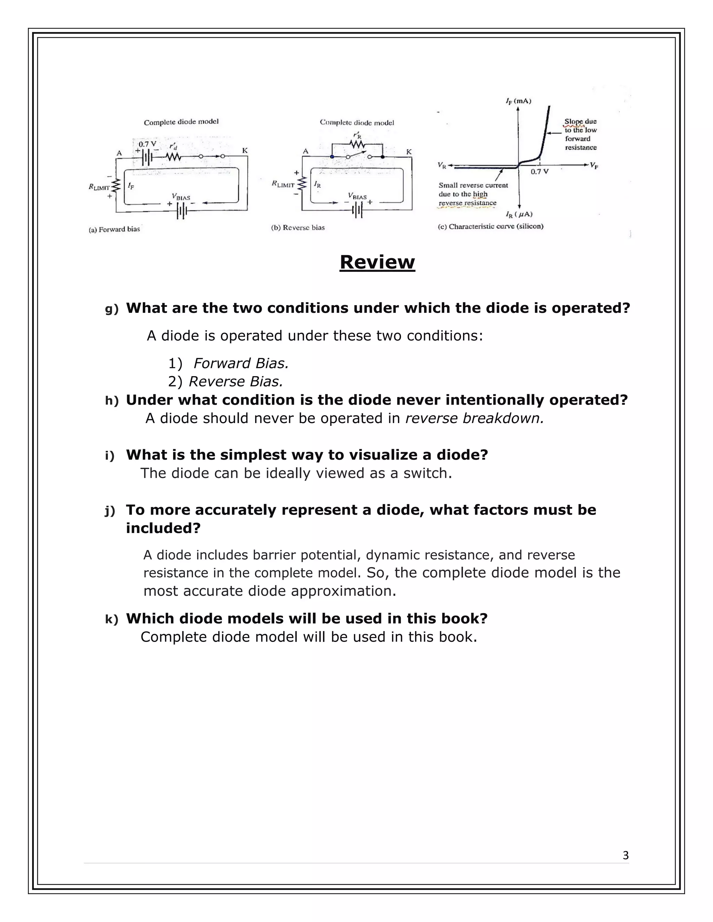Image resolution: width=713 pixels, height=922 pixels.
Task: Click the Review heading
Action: click(377, 262)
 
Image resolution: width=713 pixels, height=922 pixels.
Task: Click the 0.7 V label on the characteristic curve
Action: click(539, 172)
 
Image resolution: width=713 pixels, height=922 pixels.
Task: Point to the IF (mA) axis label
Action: click(518, 101)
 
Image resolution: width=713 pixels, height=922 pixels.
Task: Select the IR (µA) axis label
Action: click(519, 214)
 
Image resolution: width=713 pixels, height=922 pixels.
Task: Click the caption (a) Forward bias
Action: click(114, 229)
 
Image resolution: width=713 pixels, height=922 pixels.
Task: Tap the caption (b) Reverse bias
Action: click(298, 228)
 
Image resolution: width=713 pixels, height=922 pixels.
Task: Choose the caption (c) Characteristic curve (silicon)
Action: click(491, 226)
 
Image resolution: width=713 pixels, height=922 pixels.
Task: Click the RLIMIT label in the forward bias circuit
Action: click(99, 187)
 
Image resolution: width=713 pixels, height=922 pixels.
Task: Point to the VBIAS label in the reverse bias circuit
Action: click(357, 196)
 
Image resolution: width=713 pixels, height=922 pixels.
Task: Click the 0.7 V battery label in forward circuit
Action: click(147, 144)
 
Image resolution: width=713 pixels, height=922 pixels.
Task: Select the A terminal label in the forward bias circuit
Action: click(119, 153)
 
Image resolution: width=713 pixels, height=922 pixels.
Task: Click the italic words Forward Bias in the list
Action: click(241, 363)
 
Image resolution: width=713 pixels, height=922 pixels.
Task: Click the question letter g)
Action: click(111, 309)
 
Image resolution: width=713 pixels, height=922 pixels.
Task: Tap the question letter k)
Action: click(111, 619)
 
